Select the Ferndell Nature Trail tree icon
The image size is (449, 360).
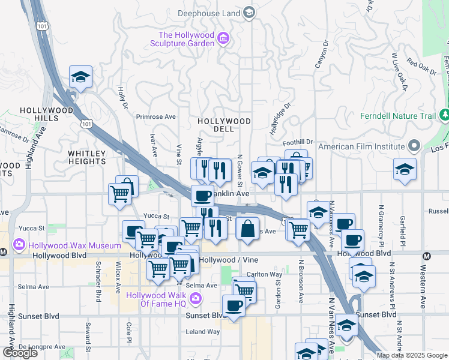(444, 115)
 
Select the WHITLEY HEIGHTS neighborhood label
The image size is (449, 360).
(87, 158)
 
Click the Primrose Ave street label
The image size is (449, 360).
(155, 117)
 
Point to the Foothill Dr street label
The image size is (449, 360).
(298, 142)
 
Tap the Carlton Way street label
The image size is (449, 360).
(265, 275)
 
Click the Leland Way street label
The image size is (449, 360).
(203, 331)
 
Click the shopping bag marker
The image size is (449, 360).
(247, 229)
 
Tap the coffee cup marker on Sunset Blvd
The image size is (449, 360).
(234, 306)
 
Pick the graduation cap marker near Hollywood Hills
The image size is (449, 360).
(80, 77)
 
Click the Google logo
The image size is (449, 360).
(20, 353)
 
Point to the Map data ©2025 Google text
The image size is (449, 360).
(412, 355)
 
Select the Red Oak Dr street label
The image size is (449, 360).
(421, 65)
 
